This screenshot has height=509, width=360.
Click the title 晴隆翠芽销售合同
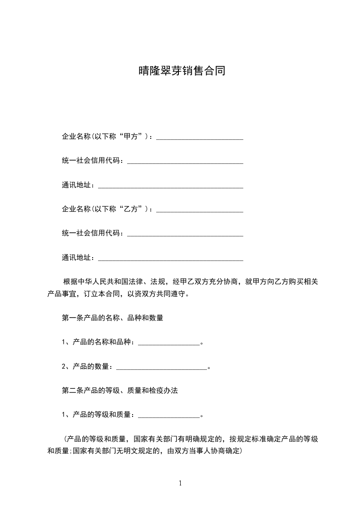(182, 71)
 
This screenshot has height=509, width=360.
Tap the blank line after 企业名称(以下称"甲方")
(200, 137)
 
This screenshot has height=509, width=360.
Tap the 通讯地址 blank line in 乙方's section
(171, 259)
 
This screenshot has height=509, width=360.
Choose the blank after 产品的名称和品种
(168, 343)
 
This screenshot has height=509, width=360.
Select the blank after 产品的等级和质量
(168, 416)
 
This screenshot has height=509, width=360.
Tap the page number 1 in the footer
(180, 483)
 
